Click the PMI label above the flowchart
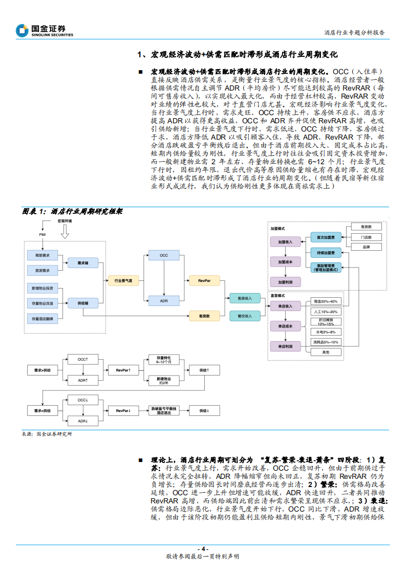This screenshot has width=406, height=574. [42, 234]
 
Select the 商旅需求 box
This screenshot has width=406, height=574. [42, 255]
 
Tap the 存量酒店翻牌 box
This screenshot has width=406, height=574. [42, 319]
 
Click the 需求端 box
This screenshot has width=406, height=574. [83, 262]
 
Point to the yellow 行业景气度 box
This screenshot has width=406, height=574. [123, 280]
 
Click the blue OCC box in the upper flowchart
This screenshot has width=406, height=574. [164, 255]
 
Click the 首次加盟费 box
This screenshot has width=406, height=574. [326, 237]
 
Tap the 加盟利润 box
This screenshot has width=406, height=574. [285, 281]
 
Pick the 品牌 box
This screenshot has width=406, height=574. [366, 247]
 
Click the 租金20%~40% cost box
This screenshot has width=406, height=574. [325, 302]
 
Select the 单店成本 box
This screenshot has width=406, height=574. [285, 326]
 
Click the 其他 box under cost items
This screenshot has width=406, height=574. [325, 352]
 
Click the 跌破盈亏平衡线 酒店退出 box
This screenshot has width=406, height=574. [164, 410]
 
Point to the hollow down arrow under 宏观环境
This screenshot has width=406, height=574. [65, 233]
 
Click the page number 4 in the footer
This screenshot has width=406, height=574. [203, 548]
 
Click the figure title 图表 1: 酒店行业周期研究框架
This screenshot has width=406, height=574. [72, 211]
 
